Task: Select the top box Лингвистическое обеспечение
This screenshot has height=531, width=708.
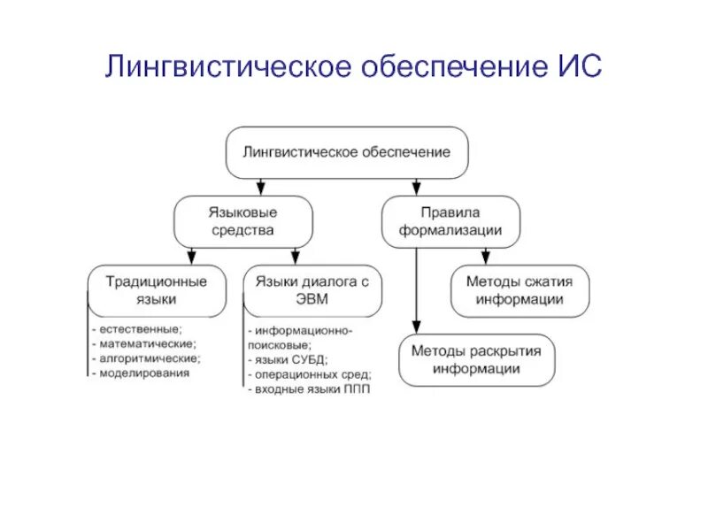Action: [x=347, y=152]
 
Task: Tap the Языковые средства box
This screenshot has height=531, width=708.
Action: [x=242, y=221]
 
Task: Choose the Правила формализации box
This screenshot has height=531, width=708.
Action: [x=450, y=221]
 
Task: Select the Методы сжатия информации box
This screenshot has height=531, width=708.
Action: [x=519, y=290]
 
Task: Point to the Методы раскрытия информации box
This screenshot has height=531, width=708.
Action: [x=476, y=359]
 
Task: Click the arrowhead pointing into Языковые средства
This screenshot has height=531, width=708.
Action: [x=260, y=189]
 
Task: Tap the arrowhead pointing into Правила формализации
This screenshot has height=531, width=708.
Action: [x=416, y=189]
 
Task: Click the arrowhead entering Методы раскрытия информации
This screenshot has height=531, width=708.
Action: [x=416, y=327]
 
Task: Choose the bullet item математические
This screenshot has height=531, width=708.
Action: [x=147, y=343]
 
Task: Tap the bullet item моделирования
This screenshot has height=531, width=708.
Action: [x=142, y=373]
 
